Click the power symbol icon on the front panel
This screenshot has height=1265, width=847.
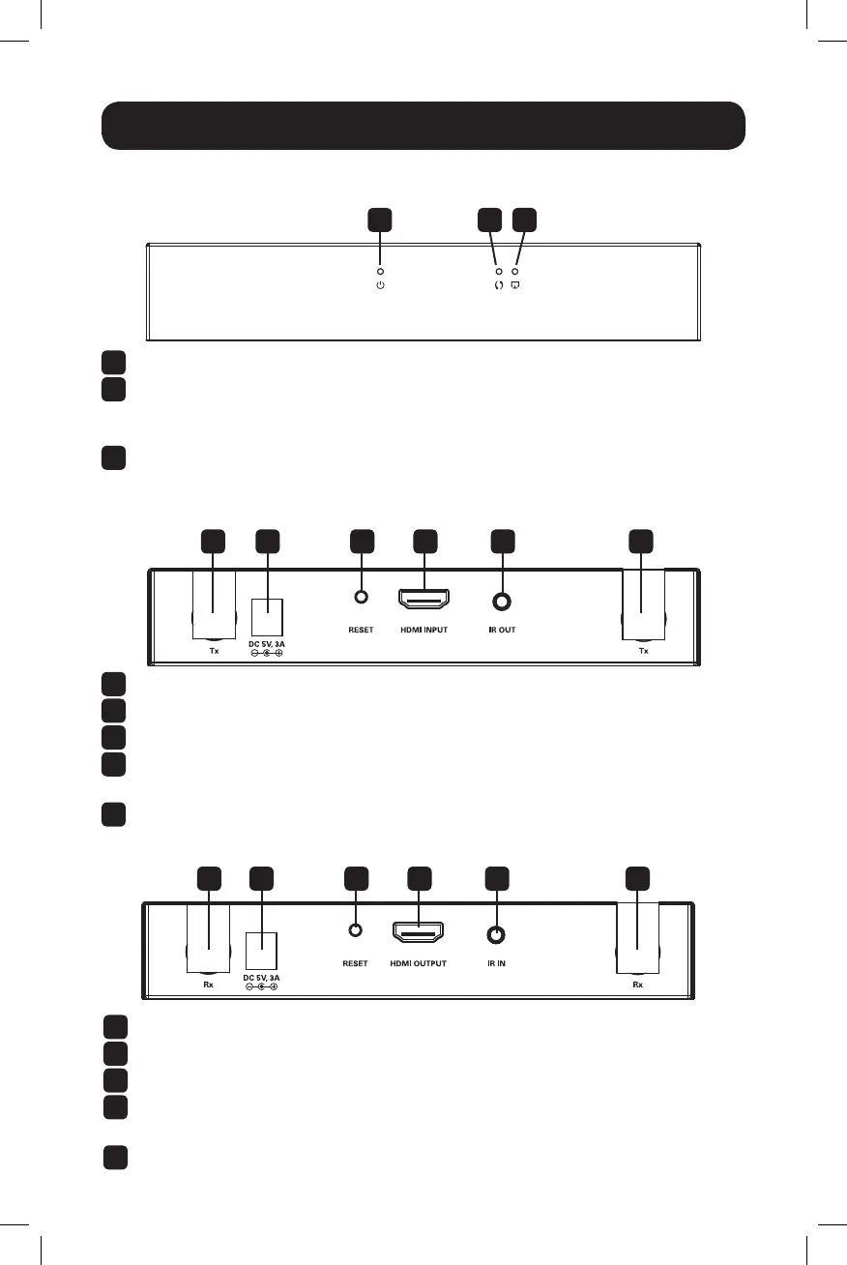[380, 285]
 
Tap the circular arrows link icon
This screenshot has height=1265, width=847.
[498, 285]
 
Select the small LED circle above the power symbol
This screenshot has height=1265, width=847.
[380, 272]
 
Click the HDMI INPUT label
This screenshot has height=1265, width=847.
[424, 630]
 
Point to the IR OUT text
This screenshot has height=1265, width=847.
[502, 630]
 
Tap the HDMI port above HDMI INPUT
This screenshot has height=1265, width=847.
[423, 598]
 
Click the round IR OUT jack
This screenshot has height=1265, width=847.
[502, 602]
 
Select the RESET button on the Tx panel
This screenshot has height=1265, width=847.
[361, 596]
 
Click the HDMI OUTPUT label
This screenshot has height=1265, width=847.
[419, 963]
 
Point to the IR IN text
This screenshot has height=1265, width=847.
[496, 963]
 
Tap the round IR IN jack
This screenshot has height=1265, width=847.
[496, 935]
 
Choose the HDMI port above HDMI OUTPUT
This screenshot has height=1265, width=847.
[418, 931]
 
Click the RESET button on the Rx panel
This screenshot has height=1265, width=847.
[355, 929]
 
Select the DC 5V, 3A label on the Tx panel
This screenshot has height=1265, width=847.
[267, 644]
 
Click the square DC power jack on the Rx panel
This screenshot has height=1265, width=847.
[261, 951]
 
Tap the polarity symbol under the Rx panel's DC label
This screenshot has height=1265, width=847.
[261, 986]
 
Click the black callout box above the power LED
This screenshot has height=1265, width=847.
[379, 220]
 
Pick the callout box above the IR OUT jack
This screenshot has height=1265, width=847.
[503, 541]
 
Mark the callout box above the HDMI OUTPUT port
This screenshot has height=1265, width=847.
[419, 879]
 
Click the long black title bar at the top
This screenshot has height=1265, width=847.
[423, 126]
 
